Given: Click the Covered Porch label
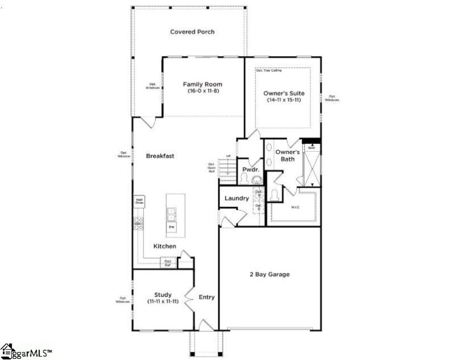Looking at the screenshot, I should coord(192,32).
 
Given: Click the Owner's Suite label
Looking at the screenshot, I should coord(283,93).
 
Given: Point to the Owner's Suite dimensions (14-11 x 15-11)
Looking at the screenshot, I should coord(283,100).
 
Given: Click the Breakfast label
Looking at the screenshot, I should coord(160,156).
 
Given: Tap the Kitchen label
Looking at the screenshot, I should coord(164,246).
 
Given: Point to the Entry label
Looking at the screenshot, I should coord(206,297).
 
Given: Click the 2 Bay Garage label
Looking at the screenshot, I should coord(269,275).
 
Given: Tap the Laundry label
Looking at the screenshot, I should coord(236,199).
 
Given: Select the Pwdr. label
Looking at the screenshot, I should coord(251,169).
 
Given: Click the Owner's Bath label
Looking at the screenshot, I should coord(287,155).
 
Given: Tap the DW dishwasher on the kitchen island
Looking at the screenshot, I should coord(171,227).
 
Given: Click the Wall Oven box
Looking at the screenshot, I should coord(139,201).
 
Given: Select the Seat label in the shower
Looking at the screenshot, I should coord(311,148).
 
